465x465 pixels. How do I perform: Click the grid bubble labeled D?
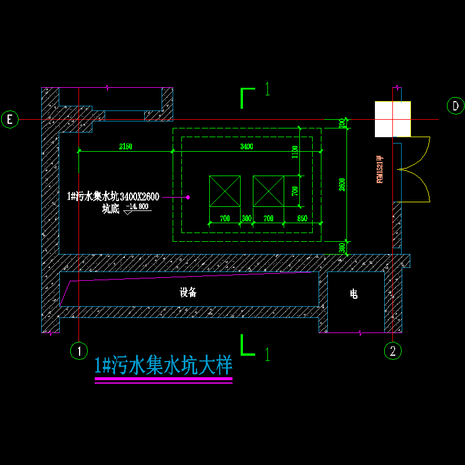(455, 106)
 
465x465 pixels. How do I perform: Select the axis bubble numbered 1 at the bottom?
(78, 350)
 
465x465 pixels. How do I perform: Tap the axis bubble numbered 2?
(394, 350)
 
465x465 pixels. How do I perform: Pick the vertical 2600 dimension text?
(342, 184)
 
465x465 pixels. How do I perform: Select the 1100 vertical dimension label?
(295, 152)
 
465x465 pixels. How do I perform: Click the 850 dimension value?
(302, 219)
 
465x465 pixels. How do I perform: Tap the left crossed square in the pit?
(225, 191)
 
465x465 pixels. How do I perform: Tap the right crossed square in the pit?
(269, 191)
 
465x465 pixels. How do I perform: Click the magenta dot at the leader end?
(188, 197)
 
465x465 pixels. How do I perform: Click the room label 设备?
(188, 293)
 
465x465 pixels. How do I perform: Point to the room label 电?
(353, 295)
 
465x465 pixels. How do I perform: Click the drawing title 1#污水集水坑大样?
(163, 366)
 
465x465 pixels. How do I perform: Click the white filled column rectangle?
(392, 119)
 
